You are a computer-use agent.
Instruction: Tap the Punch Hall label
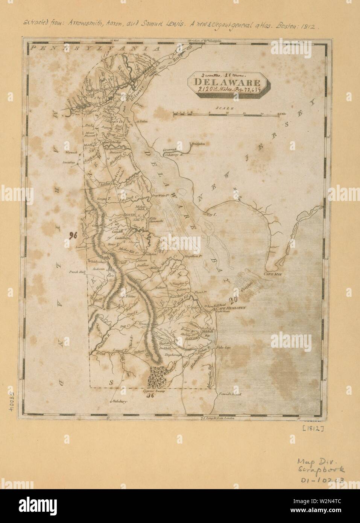(x=76, y=271)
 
